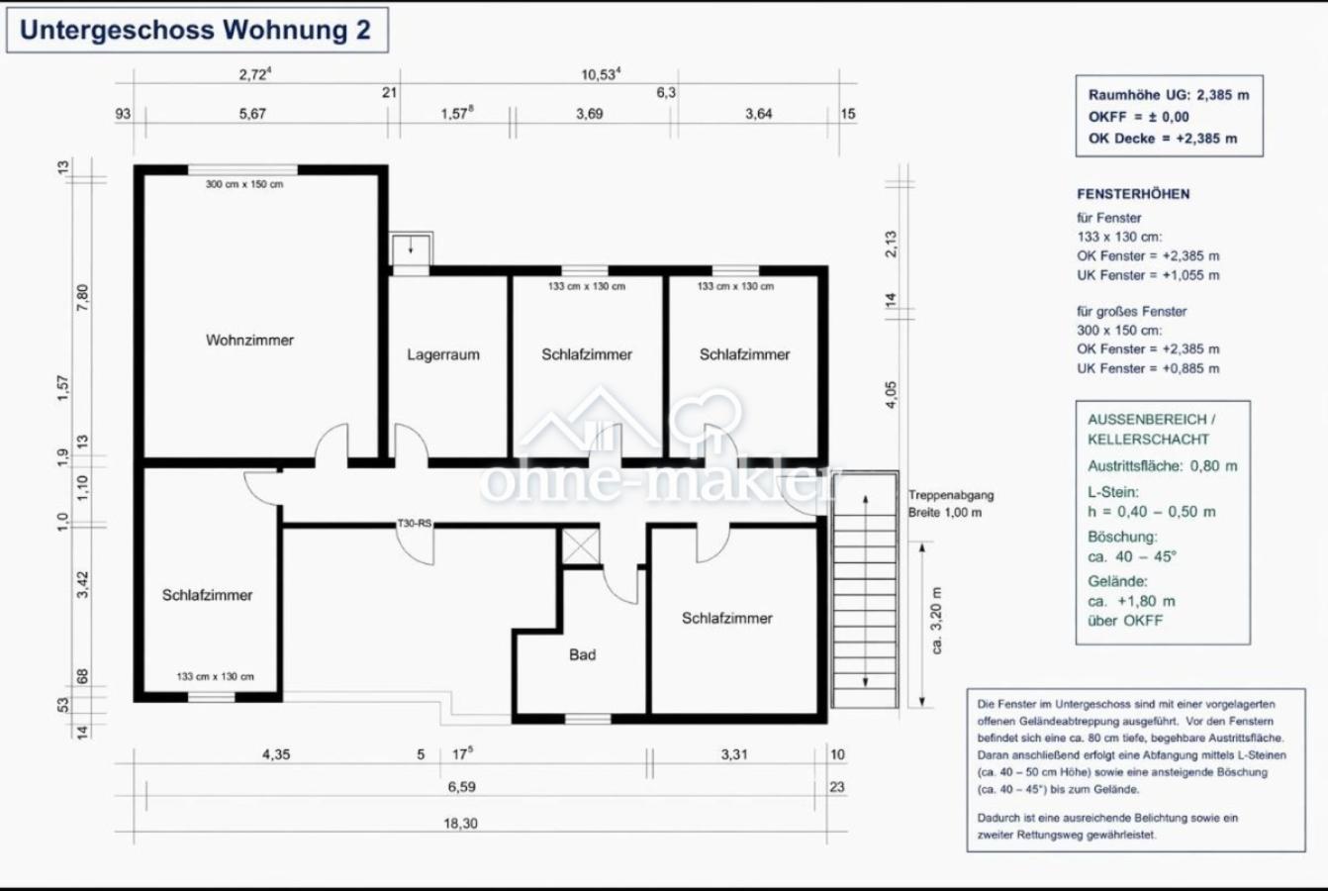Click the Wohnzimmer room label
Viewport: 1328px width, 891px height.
click(249, 341)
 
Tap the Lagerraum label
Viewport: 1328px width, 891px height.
click(443, 354)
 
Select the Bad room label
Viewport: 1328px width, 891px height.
click(582, 655)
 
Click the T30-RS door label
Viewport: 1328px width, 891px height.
click(415, 524)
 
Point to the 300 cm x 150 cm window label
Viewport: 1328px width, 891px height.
click(244, 184)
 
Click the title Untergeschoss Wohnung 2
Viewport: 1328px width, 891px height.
click(195, 31)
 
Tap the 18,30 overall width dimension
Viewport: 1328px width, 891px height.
click(461, 824)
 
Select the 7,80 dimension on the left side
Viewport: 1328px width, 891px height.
click(82, 297)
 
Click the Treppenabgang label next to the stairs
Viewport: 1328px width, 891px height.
click(951, 495)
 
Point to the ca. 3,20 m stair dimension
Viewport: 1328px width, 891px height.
click(936, 621)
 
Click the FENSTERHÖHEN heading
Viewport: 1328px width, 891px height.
click(1133, 194)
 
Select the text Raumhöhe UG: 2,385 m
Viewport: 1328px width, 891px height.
click(1169, 95)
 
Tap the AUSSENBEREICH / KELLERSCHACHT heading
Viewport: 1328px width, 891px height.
click(1151, 430)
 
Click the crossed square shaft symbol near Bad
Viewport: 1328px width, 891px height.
click(580, 545)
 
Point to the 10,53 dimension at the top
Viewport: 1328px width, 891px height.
click(601, 74)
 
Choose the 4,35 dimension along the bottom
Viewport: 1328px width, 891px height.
click(276, 754)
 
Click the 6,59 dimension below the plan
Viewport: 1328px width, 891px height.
click(462, 787)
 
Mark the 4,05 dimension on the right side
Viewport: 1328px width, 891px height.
click(891, 394)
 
